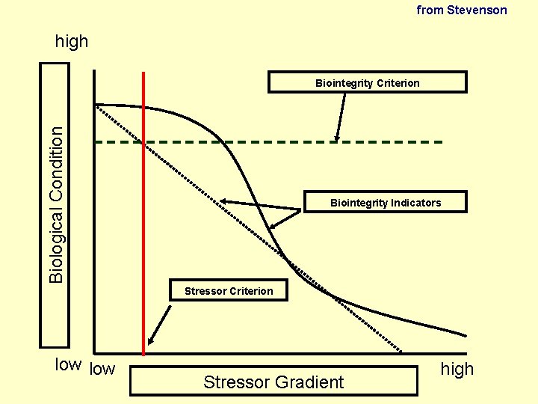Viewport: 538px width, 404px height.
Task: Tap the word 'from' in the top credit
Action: point(430,10)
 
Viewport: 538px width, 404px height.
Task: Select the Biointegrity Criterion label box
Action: point(368,82)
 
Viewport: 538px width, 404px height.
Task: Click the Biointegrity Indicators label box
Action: point(386,203)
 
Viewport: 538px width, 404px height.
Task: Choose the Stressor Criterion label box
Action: point(229,290)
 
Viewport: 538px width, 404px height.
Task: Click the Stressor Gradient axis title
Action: point(273,382)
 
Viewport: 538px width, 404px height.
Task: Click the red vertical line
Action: point(143,224)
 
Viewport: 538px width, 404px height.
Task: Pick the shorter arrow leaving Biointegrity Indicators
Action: point(288,219)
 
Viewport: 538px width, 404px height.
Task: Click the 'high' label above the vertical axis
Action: point(72,41)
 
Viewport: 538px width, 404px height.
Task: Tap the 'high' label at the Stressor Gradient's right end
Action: point(457,369)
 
